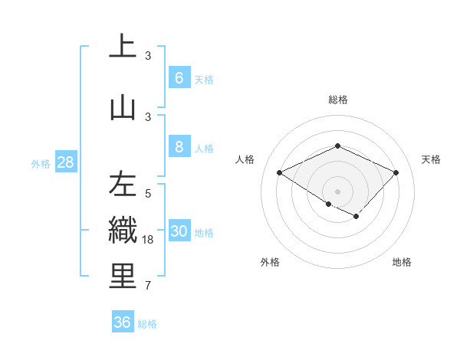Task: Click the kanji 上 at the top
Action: (123, 46)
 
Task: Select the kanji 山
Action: (123, 106)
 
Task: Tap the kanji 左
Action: (123, 185)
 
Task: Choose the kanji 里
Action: (123, 277)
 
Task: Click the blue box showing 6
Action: (179, 78)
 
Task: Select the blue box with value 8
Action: (179, 147)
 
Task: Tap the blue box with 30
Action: (179, 231)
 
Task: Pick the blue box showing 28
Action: (65, 162)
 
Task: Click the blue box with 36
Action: (123, 322)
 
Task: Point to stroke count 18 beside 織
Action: (149, 240)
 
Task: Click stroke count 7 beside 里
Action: (148, 286)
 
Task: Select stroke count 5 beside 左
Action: (148, 194)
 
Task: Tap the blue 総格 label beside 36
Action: (147, 324)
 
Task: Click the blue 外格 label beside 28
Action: (40, 163)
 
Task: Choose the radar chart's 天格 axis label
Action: (431, 159)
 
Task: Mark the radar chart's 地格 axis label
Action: (402, 262)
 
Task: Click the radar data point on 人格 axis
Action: (280, 173)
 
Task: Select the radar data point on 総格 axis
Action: (337, 146)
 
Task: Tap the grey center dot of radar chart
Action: (337, 190)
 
